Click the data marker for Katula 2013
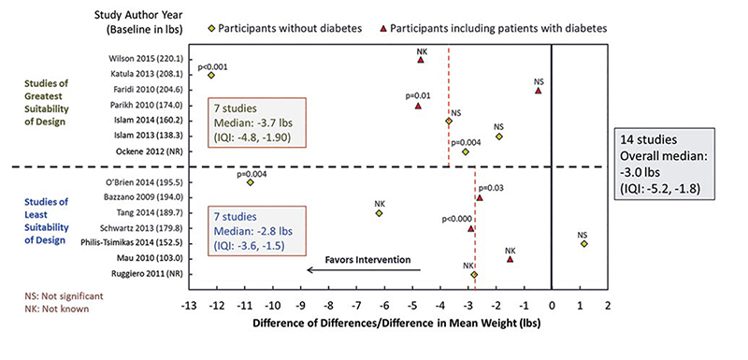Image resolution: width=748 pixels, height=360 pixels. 211,75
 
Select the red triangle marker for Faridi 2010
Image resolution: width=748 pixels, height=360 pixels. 538,91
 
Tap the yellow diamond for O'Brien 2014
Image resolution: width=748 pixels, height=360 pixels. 250,181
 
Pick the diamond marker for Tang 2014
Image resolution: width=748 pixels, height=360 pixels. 380,213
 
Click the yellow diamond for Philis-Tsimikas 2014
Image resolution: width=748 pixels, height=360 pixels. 583,243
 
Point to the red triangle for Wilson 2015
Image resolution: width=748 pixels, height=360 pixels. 421,59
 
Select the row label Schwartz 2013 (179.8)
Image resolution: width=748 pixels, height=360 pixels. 137,228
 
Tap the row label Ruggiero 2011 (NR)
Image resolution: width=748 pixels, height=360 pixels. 142,274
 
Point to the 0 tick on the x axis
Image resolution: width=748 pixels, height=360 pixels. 552,305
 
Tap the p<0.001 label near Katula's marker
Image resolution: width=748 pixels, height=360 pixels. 211,65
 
